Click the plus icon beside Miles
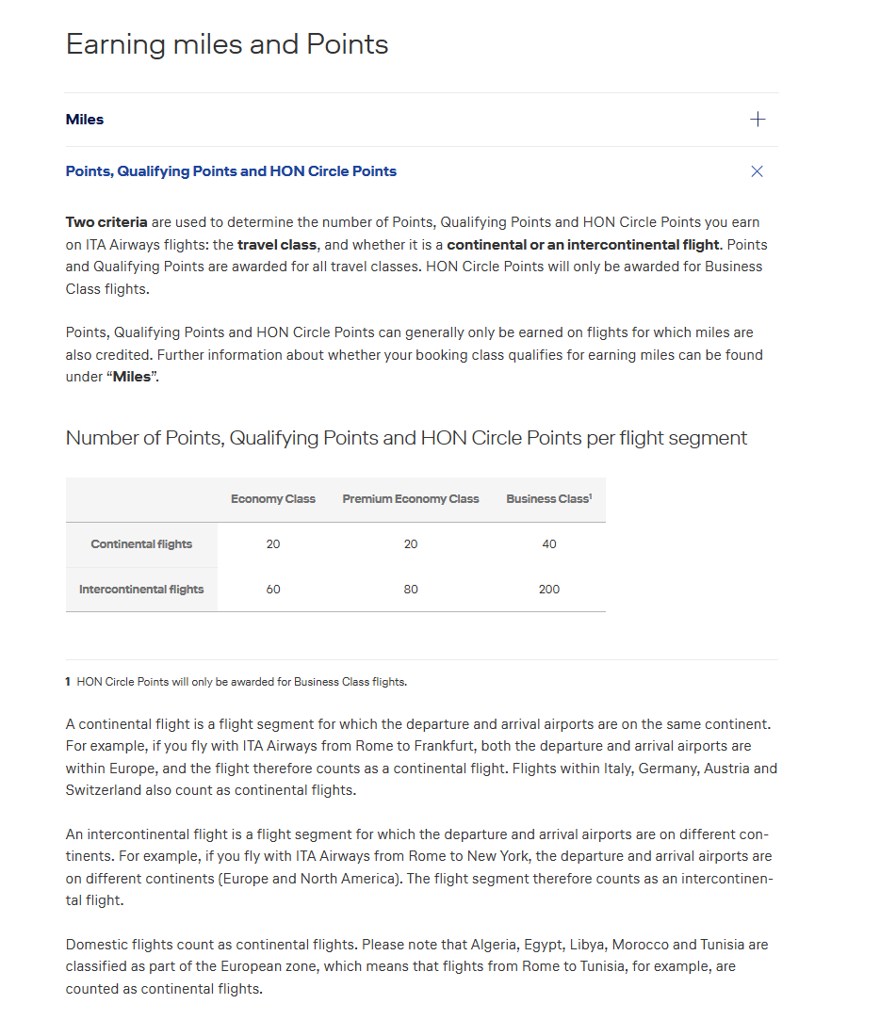point(758,120)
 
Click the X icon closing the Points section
point(757,171)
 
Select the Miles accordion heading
point(85,120)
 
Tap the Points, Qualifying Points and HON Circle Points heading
point(231,171)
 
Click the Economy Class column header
point(273,499)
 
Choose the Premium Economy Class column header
point(411,499)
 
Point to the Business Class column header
point(548,499)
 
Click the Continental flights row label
point(141,544)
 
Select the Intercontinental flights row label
point(141,590)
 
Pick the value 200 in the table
point(549,590)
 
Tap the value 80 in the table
point(411,590)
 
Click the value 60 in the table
point(273,590)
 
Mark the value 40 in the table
point(549,544)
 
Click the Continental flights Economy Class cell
point(273,544)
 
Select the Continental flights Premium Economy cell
point(411,544)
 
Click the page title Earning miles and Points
point(227,44)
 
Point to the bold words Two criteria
point(106,222)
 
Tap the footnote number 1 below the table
point(68,682)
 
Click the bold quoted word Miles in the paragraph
point(132,377)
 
